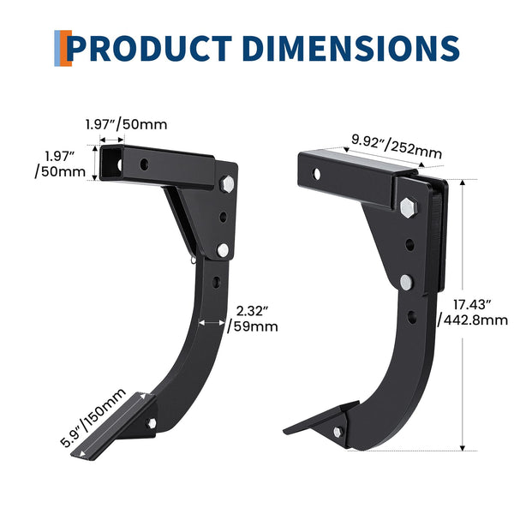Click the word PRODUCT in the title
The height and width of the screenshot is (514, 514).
tap(149, 49)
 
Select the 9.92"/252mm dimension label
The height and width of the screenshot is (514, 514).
tap(397, 146)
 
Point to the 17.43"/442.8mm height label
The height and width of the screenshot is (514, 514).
tap(473, 313)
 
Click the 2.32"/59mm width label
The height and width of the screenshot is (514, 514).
tap(253, 319)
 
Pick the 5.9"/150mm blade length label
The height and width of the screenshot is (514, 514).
tap(93, 418)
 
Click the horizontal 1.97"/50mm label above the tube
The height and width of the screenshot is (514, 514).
tap(126, 124)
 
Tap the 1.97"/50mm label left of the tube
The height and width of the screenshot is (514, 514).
tap(60, 164)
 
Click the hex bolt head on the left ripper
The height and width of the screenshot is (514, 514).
tap(227, 184)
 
